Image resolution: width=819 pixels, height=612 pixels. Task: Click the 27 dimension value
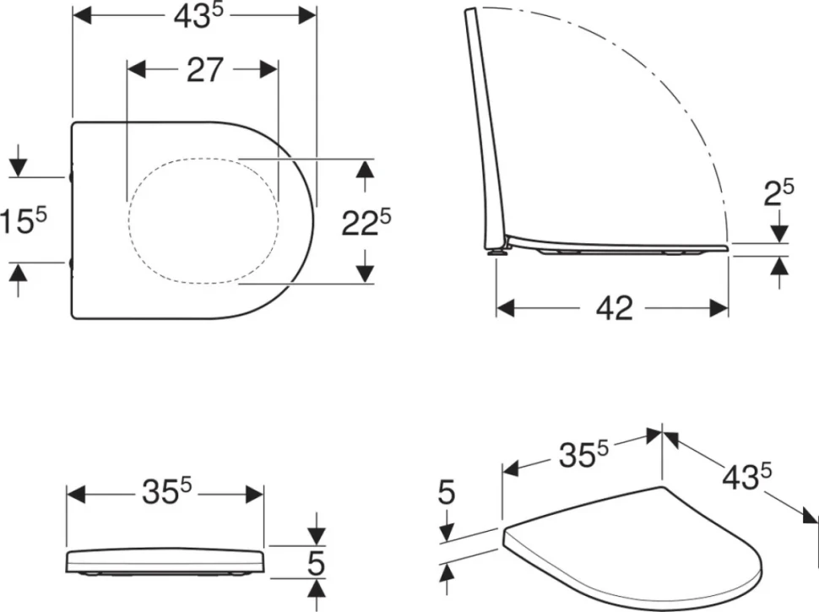tap(204, 70)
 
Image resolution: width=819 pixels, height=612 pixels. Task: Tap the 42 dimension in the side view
tap(615, 308)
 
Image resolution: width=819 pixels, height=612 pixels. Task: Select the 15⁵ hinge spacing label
tap(24, 219)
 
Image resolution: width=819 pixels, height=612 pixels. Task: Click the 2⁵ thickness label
tap(778, 192)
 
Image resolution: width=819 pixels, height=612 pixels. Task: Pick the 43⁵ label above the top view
tap(198, 16)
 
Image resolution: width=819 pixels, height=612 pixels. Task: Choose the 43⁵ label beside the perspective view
tap(747, 476)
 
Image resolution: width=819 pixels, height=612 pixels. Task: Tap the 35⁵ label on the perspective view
tap(583, 454)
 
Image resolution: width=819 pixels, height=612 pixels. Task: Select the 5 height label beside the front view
tap(316, 563)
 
